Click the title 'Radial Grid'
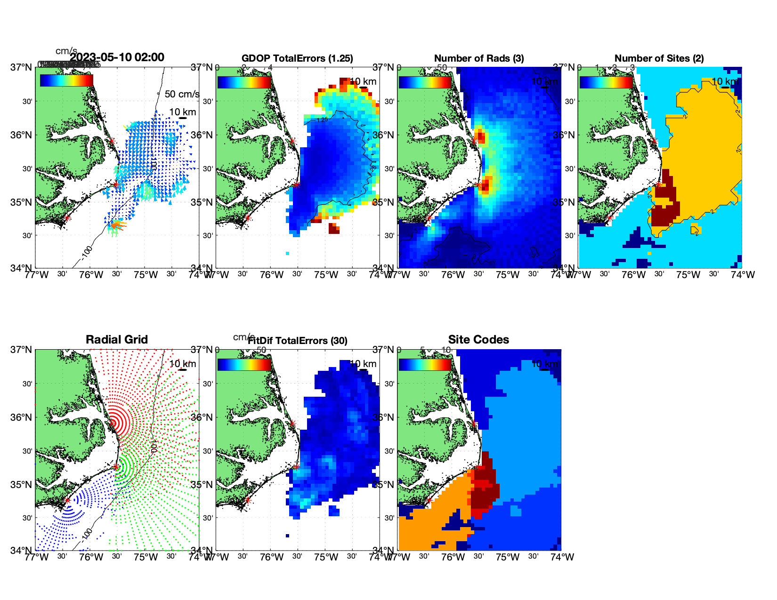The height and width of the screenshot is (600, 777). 117,340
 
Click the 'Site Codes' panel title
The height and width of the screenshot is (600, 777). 478,340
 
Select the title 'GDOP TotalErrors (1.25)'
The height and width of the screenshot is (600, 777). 297,58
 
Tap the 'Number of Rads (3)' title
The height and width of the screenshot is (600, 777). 479,58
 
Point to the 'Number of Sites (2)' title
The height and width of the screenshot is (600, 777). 659,58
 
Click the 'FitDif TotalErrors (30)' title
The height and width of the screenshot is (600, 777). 297,341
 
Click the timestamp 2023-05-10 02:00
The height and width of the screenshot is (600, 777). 117,57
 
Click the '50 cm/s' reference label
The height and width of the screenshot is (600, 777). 182,94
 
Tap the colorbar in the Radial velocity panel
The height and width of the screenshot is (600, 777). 66,80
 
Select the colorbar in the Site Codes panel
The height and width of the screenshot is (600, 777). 425,364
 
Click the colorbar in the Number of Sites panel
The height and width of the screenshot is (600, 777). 606,82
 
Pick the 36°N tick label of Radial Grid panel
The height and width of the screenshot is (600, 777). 22,417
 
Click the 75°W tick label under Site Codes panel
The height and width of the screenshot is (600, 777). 508,557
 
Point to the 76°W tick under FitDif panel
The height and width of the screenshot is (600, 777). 272,557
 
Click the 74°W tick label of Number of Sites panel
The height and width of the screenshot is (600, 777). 743,275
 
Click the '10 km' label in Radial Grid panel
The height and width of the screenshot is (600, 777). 182,364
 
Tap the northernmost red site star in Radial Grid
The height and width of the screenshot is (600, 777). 112,424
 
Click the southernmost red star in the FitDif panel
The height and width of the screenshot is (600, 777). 248,500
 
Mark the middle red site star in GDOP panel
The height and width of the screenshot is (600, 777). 296,184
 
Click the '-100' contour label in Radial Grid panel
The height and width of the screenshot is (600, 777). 87,534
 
